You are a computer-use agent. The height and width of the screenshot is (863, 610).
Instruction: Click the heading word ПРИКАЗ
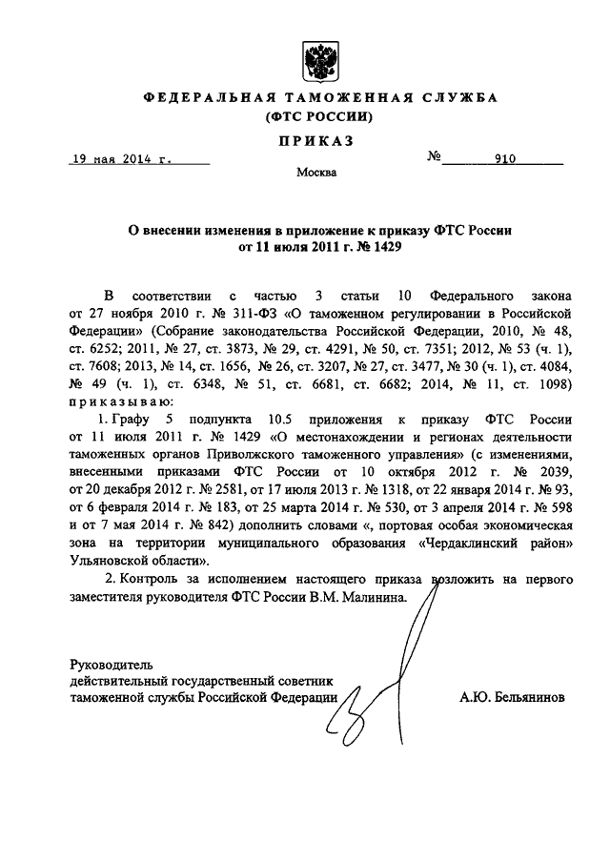click(x=315, y=141)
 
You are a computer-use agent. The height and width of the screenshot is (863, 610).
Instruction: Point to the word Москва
click(x=315, y=174)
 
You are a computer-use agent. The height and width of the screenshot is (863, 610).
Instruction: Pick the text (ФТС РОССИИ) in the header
click(x=315, y=117)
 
